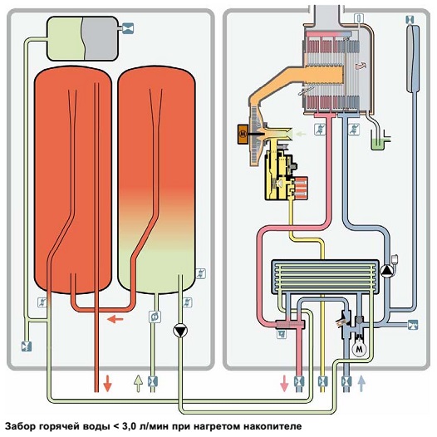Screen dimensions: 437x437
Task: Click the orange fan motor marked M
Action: click(243, 134)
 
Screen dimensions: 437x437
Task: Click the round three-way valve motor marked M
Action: click(358, 348)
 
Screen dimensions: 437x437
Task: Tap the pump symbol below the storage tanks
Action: click(180, 331)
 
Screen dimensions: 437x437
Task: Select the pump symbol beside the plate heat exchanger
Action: click(387, 271)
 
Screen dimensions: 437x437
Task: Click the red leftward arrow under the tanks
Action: click(115, 319)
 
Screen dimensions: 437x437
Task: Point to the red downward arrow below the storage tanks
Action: click(107, 384)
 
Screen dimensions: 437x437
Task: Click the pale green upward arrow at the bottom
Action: click(139, 384)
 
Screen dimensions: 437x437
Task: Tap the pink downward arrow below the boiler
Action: click(284, 384)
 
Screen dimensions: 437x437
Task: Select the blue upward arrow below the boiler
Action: click(361, 384)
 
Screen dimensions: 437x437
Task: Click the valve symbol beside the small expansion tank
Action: click(128, 28)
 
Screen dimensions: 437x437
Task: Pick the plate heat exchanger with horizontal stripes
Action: click(325, 277)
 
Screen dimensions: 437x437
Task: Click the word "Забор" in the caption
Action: click(21, 426)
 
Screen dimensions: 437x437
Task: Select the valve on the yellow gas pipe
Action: click(322, 381)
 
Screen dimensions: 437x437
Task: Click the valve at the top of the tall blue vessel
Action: click(410, 19)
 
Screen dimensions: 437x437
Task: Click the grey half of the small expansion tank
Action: click(101, 38)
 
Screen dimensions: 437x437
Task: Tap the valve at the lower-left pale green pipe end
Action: click(27, 346)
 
